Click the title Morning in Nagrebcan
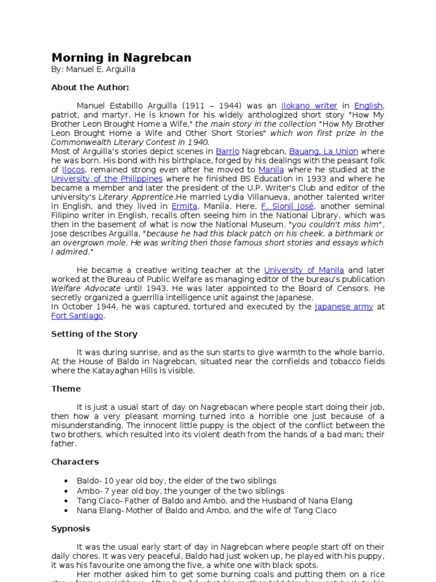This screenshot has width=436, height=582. (x=121, y=58)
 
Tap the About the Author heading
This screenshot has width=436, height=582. (x=90, y=88)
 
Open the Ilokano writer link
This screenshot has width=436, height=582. (x=309, y=106)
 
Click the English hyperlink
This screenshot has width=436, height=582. (x=368, y=106)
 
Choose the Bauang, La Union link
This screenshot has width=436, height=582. (x=323, y=151)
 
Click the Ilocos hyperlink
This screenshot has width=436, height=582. (x=72, y=169)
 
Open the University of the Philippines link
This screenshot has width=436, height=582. (x=107, y=178)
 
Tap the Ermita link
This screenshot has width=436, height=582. (x=185, y=206)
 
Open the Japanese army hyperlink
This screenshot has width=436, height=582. (x=343, y=306)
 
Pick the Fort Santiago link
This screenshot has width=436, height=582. (x=77, y=315)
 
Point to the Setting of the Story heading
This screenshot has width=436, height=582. (x=94, y=334)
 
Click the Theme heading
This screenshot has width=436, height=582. (x=66, y=389)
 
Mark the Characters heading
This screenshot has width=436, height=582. (x=75, y=462)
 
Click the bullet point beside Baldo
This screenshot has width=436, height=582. (x=67, y=481)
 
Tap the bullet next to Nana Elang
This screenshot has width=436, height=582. (x=67, y=510)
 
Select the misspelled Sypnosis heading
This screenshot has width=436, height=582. (x=70, y=529)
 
